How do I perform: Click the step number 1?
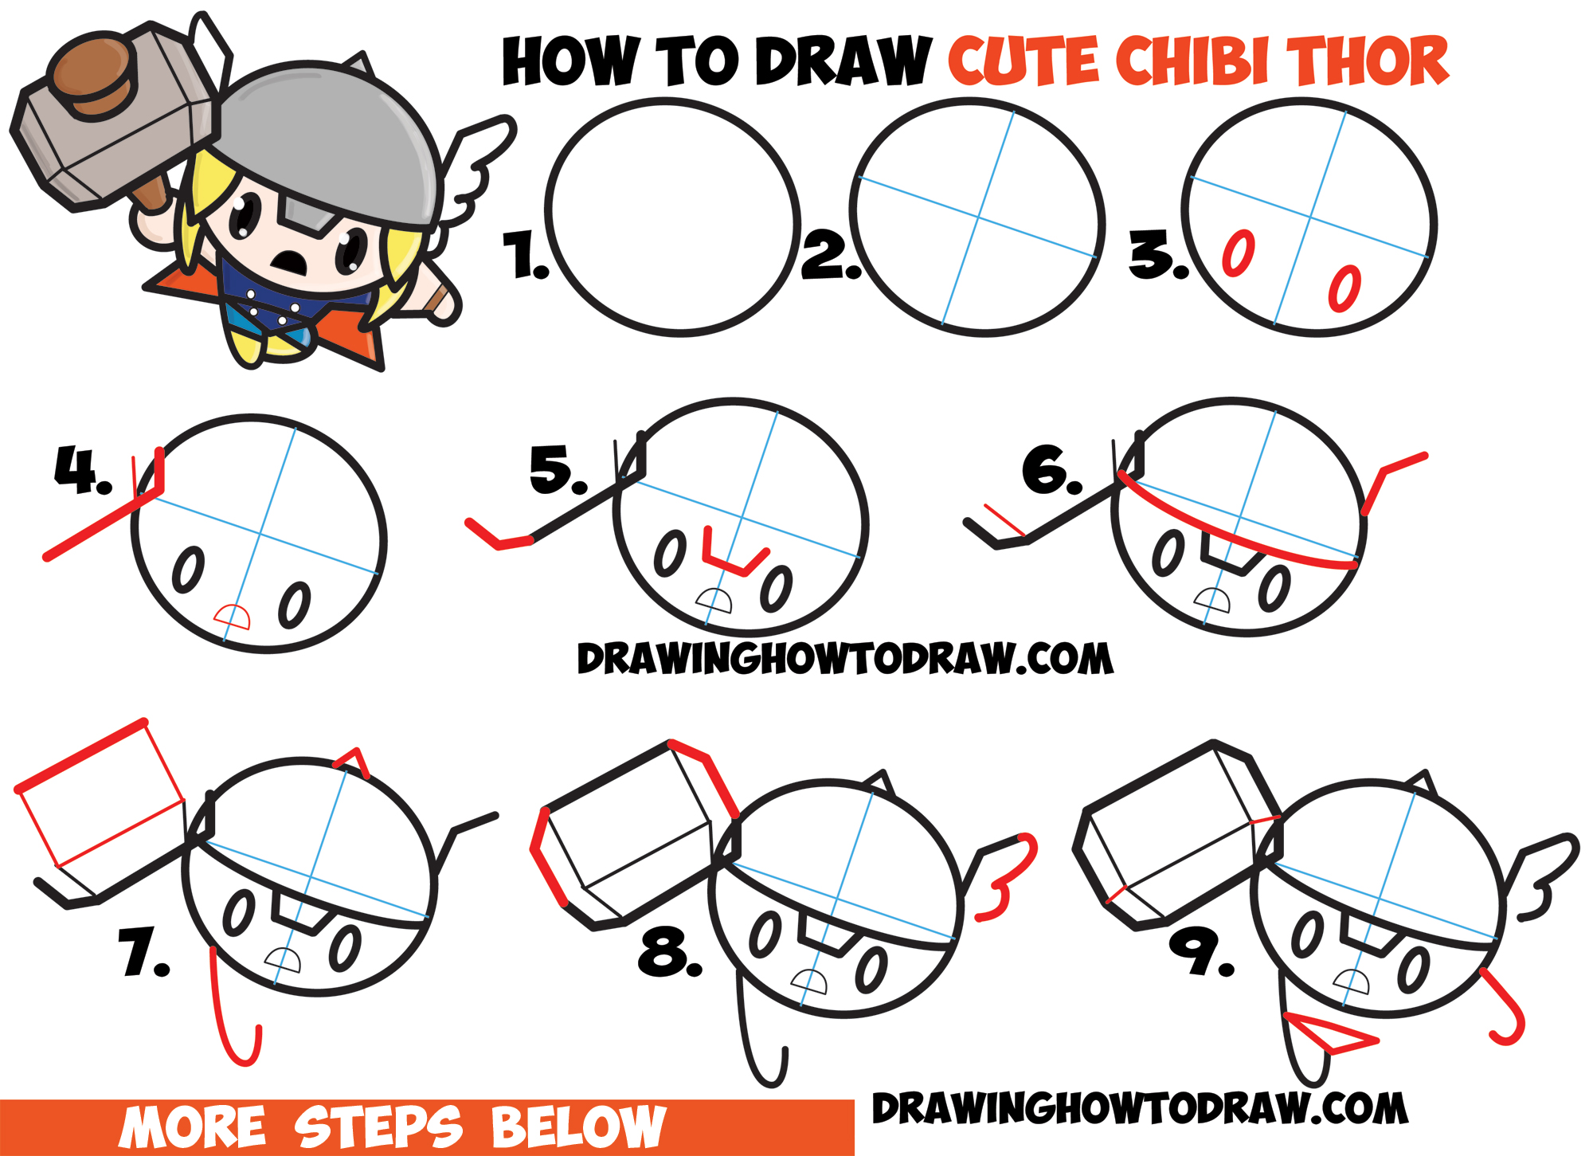click(526, 256)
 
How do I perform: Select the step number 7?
click(142, 953)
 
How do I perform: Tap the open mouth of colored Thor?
click(289, 261)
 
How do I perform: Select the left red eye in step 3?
click(1239, 253)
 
